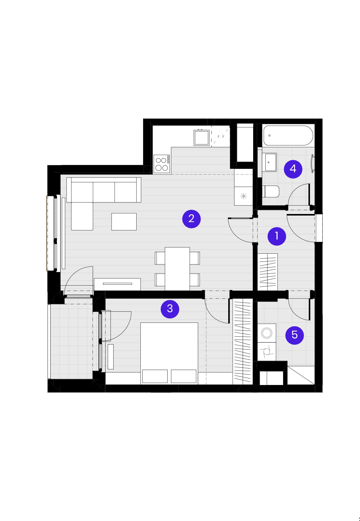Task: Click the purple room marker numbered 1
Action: click(x=277, y=236)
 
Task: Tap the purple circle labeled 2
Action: click(x=191, y=219)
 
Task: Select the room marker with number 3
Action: click(x=170, y=309)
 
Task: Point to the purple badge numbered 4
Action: click(x=293, y=169)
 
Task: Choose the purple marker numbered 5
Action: click(x=295, y=335)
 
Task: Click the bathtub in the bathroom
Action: click(x=288, y=136)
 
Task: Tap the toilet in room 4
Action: click(x=270, y=191)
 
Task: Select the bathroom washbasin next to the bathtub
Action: click(x=269, y=162)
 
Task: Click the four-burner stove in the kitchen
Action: click(x=162, y=164)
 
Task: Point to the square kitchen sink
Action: click(x=202, y=138)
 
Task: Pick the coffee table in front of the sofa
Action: click(x=124, y=222)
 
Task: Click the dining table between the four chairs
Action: click(x=177, y=269)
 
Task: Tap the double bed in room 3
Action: click(x=169, y=353)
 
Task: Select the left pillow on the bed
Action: click(x=155, y=376)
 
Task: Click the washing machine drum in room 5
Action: click(x=267, y=333)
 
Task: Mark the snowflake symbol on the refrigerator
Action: click(x=244, y=196)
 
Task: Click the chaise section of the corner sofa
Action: click(x=82, y=216)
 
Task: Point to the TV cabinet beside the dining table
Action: click(x=117, y=284)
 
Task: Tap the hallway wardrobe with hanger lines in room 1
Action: click(x=268, y=272)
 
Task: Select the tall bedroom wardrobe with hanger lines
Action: click(x=243, y=341)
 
